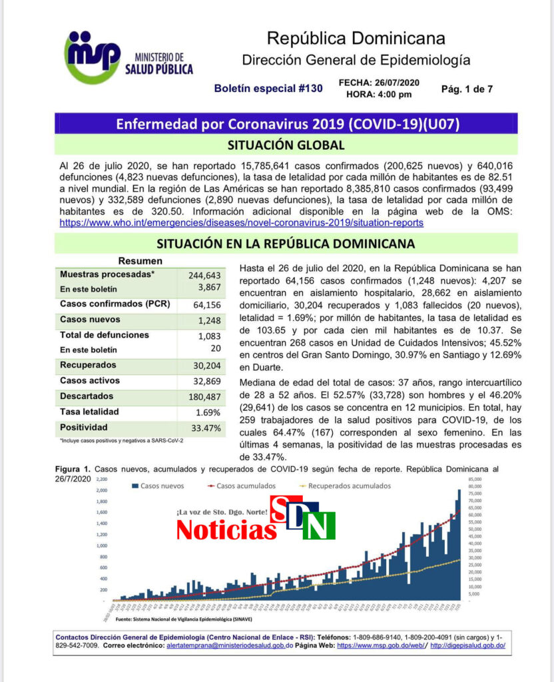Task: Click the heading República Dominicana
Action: click(356, 38)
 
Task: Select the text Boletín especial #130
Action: click(268, 88)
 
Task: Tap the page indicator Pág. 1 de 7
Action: click(467, 88)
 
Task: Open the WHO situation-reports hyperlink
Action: click(241, 224)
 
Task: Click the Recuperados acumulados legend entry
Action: click(349, 486)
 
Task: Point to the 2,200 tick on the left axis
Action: click(101, 480)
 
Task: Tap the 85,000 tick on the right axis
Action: click(473, 480)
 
